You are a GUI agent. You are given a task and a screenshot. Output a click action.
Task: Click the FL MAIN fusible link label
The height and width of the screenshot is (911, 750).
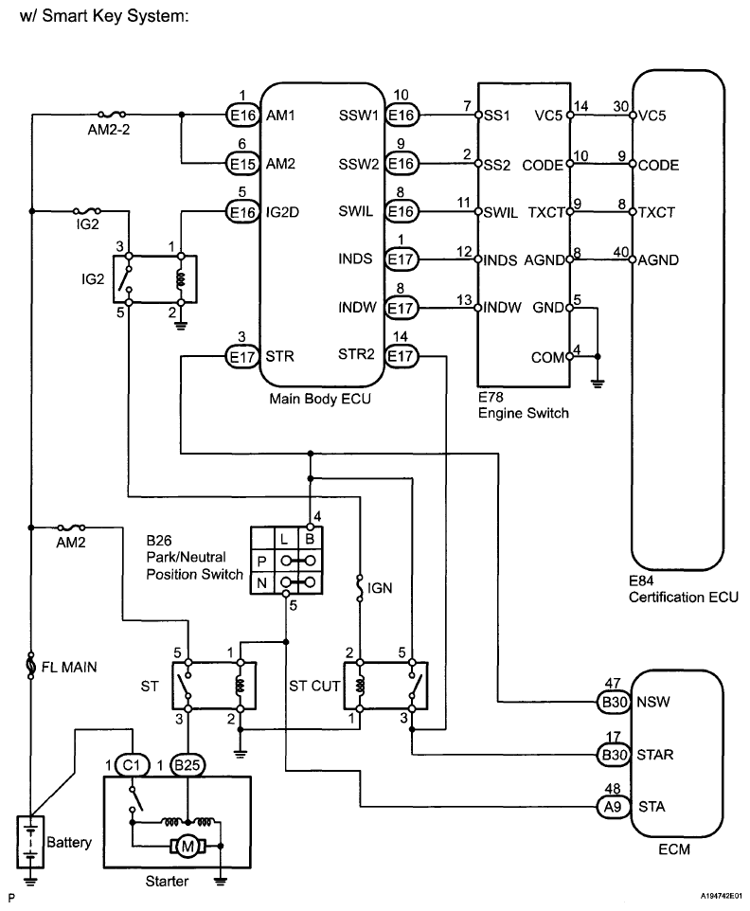click(x=69, y=667)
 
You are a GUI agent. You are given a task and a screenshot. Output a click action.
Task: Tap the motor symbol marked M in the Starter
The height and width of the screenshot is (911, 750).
click(x=187, y=847)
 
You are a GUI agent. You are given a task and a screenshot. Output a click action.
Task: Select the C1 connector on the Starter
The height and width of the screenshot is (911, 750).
click(x=132, y=765)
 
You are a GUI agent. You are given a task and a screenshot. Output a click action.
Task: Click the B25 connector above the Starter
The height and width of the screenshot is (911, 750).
click(x=187, y=765)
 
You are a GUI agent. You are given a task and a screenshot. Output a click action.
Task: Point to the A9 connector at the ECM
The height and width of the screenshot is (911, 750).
click(x=613, y=807)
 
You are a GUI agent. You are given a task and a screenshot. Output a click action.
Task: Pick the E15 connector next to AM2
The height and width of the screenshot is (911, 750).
click(x=241, y=165)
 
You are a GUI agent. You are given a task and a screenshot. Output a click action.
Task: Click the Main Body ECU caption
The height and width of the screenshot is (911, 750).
click(x=319, y=399)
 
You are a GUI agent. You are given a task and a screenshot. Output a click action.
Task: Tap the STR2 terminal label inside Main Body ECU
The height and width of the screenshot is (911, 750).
click(x=356, y=354)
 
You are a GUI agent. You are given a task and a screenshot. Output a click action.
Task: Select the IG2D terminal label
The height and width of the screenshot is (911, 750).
click(x=282, y=212)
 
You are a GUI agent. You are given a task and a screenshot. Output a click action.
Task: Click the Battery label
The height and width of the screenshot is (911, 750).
click(x=69, y=842)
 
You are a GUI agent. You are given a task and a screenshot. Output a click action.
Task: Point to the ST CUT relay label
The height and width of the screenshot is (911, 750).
click(x=314, y=687)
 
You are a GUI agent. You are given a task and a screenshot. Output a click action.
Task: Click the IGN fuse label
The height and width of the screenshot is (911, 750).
click(x=380, y=588)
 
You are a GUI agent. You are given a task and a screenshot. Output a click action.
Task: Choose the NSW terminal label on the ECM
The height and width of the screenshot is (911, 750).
click(x=653, y=702)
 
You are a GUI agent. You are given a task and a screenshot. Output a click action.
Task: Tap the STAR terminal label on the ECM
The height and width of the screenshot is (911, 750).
click(x=654, y=755)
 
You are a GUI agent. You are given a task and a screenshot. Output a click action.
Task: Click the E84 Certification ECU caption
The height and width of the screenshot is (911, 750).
click(x=683, y=588)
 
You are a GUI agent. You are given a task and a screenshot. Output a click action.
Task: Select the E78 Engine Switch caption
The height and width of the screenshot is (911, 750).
click(x=524, y=405)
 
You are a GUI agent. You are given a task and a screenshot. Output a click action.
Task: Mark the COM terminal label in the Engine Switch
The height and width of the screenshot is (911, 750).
click(x=548, y=357)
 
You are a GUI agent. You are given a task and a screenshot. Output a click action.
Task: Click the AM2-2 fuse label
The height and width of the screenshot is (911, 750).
click(x=109, y=130)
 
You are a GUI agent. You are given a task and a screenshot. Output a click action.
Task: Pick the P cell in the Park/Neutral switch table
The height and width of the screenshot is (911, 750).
click(x=262, y=562)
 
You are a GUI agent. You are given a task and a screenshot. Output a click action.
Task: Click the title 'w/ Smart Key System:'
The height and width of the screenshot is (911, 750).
click(x=104, y=16)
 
